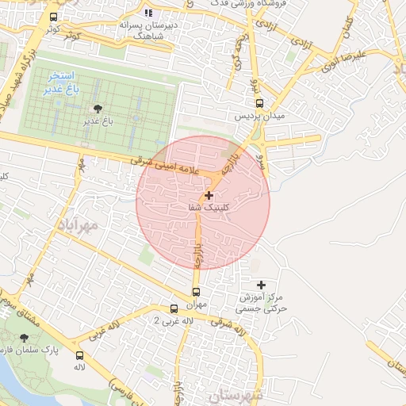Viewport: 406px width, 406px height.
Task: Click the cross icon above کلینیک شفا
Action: point(209,194)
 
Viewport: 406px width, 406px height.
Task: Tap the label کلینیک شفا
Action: point(209,207)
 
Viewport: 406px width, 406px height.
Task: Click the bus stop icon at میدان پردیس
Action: point(259,103)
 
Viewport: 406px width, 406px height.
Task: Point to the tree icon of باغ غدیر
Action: point(98,109)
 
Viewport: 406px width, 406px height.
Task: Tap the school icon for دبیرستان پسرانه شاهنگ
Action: point(148,13)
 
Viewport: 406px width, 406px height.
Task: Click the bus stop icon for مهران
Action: point(197,292)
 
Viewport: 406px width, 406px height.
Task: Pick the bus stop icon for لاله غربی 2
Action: point(174,308)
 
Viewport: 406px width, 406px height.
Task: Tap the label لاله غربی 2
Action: point(173,320)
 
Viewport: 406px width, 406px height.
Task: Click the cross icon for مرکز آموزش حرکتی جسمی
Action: point(262,285)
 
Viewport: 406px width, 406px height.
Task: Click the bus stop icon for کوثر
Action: point(53,17)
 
